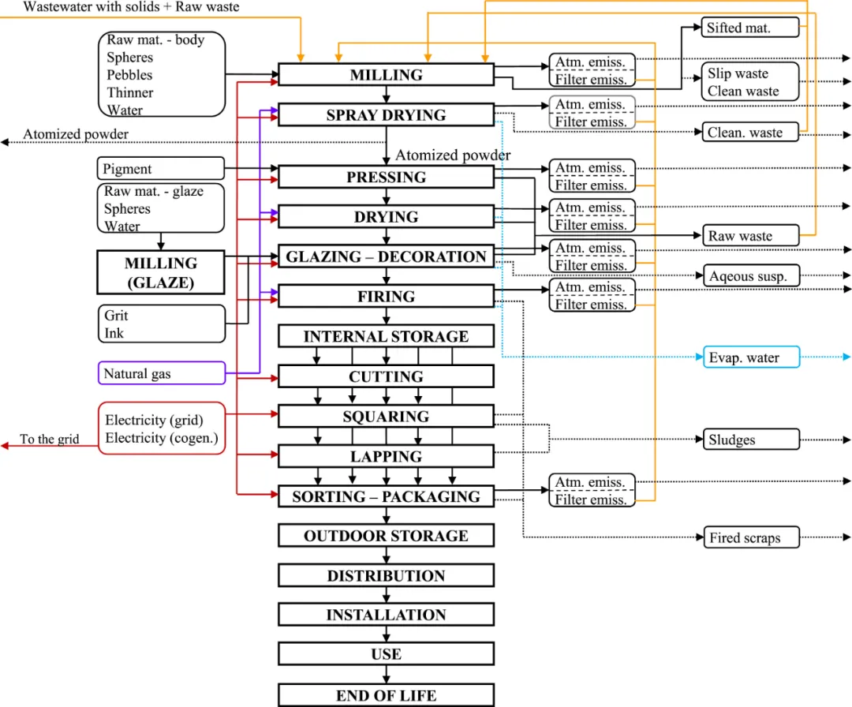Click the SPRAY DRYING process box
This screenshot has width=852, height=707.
(386, 115)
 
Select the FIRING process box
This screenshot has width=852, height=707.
(386, 297)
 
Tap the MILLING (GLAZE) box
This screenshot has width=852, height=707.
(160, 273)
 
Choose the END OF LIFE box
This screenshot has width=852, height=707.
(386, 695)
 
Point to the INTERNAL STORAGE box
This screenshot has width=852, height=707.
(386, 337)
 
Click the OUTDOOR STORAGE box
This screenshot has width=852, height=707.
(386, 537)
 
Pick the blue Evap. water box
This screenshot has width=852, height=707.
(751, 358)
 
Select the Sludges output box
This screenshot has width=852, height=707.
(751, 440)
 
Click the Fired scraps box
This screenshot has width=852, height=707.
(751, 538)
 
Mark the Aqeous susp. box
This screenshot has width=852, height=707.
(751, 276)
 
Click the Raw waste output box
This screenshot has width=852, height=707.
(751, 236)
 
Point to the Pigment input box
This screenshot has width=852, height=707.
(161, 169)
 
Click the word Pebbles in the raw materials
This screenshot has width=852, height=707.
(130, 75)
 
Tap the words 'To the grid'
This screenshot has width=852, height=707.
(49, 440)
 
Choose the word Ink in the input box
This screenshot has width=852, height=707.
(114, 333)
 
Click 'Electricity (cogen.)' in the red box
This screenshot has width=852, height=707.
(162, 438)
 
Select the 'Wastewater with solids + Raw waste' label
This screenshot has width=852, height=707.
(131, 7)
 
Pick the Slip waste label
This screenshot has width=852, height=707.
(738, 73)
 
